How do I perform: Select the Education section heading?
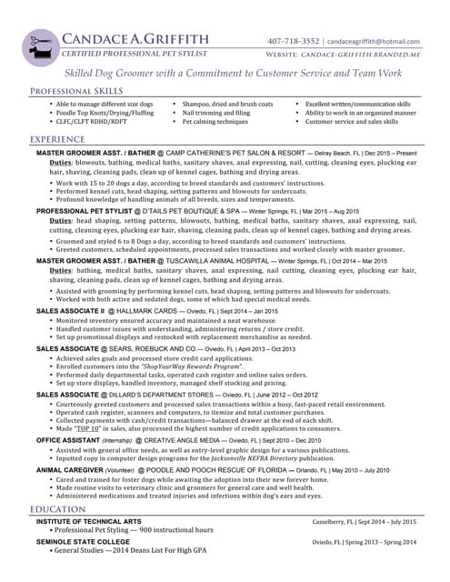pos(57,509)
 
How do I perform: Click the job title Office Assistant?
pos(67,439)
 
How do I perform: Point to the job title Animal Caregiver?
pos(69,469)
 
